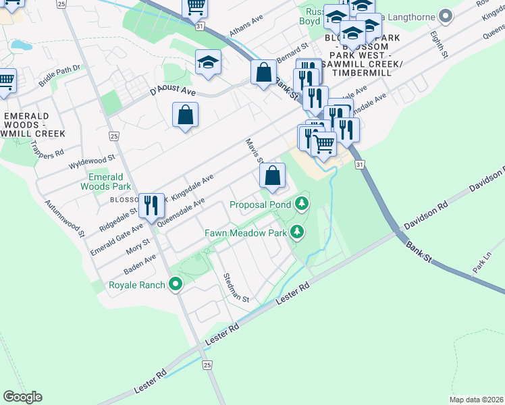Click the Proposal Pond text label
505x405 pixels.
coord(260,205)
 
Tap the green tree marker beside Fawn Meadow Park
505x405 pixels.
coord(296,233)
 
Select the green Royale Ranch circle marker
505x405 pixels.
coord(176,285)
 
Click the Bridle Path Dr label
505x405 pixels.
coord(59,75)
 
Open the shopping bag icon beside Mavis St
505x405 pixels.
coord(271,176)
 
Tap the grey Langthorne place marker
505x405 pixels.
coord(444,16)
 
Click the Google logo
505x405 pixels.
coord(22,397)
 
